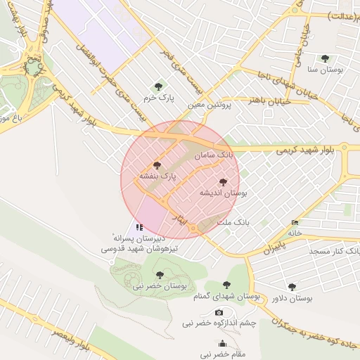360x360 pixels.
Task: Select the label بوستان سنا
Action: click(x=325, y=70)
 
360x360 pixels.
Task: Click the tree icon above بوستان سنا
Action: click(x=324, y=58)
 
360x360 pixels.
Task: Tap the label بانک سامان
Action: click(x=216, y=153)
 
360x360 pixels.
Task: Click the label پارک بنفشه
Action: click(x=157, y=176)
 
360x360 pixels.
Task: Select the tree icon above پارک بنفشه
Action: click(x=157, y=165)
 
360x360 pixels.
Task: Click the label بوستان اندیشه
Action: click(x=224, y=193)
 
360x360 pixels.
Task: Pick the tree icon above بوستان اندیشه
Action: click(x=223, y=182)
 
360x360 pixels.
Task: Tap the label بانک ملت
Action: click(x=233, y=222)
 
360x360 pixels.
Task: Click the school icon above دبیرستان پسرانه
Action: click(x=139, y=227)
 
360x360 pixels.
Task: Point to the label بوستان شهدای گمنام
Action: click(x=222, y=297)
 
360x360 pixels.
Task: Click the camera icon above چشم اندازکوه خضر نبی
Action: click(x=219, y=312)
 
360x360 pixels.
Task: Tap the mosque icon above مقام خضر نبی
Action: click(x=223, y=344)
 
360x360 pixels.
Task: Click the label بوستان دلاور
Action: click(x=292, y=298)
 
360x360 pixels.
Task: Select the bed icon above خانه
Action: click(x=295, y=223)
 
